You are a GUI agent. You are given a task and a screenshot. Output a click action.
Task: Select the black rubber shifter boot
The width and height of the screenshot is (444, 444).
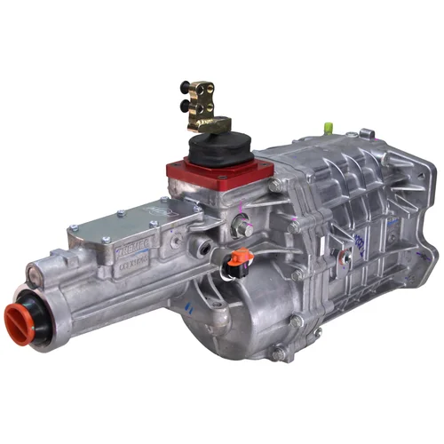pos(217,147)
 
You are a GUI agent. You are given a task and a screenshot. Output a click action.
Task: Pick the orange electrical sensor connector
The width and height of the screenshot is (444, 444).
pos(239,262)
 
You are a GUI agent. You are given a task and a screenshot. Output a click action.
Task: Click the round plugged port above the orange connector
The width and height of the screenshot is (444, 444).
pos(243,230)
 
